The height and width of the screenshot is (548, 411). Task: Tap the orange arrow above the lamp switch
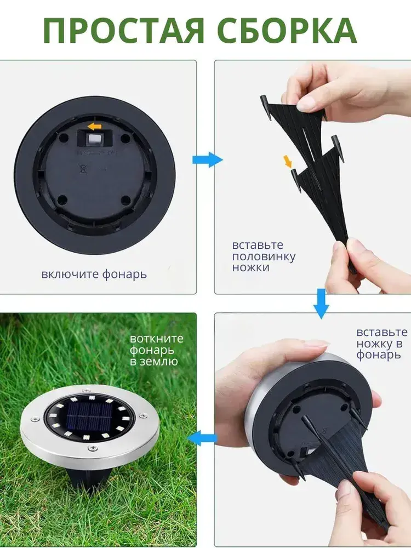pos(94,126)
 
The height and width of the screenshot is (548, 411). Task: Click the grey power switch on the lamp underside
pos(94,139)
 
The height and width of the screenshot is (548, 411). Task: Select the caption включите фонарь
pos(94,274)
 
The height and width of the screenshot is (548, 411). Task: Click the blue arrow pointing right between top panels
pos(207,159)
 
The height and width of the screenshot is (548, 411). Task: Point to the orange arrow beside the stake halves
pos(288,161)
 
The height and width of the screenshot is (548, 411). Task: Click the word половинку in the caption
pos(264,256)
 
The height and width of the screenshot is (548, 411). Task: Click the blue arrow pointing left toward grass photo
pos(202,438)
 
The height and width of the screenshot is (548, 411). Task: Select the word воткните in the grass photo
pos(157,338)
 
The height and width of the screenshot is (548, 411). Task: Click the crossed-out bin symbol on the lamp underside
pos(83,169)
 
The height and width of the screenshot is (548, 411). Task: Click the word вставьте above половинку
pos(258,245)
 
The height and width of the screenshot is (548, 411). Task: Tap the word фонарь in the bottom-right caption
pos(379,355)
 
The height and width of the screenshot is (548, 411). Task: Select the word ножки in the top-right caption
pos(250,268)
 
